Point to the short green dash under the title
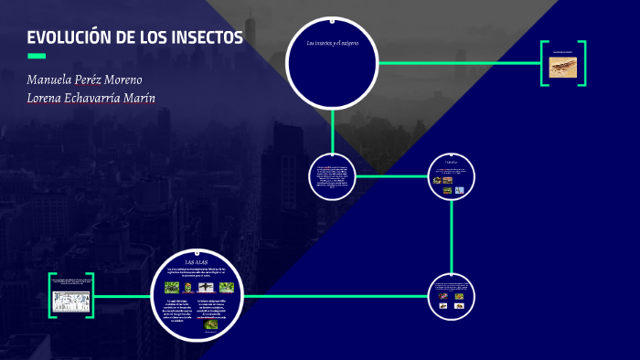(x=37, y=56)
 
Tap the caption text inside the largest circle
(x=332, y=44)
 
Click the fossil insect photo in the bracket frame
(x=562, y=67)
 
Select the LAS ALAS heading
(x=197, y=262)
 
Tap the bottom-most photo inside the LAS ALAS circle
(x=210, y=323)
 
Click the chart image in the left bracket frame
(x=70, y=301)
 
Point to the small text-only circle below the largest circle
(x=332, y=175)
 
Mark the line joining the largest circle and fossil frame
(x=457, y=63)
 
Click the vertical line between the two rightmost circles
(x=453, y=238)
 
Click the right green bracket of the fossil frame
(x=582, y=63)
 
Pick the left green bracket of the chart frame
(x=52, y=296)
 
